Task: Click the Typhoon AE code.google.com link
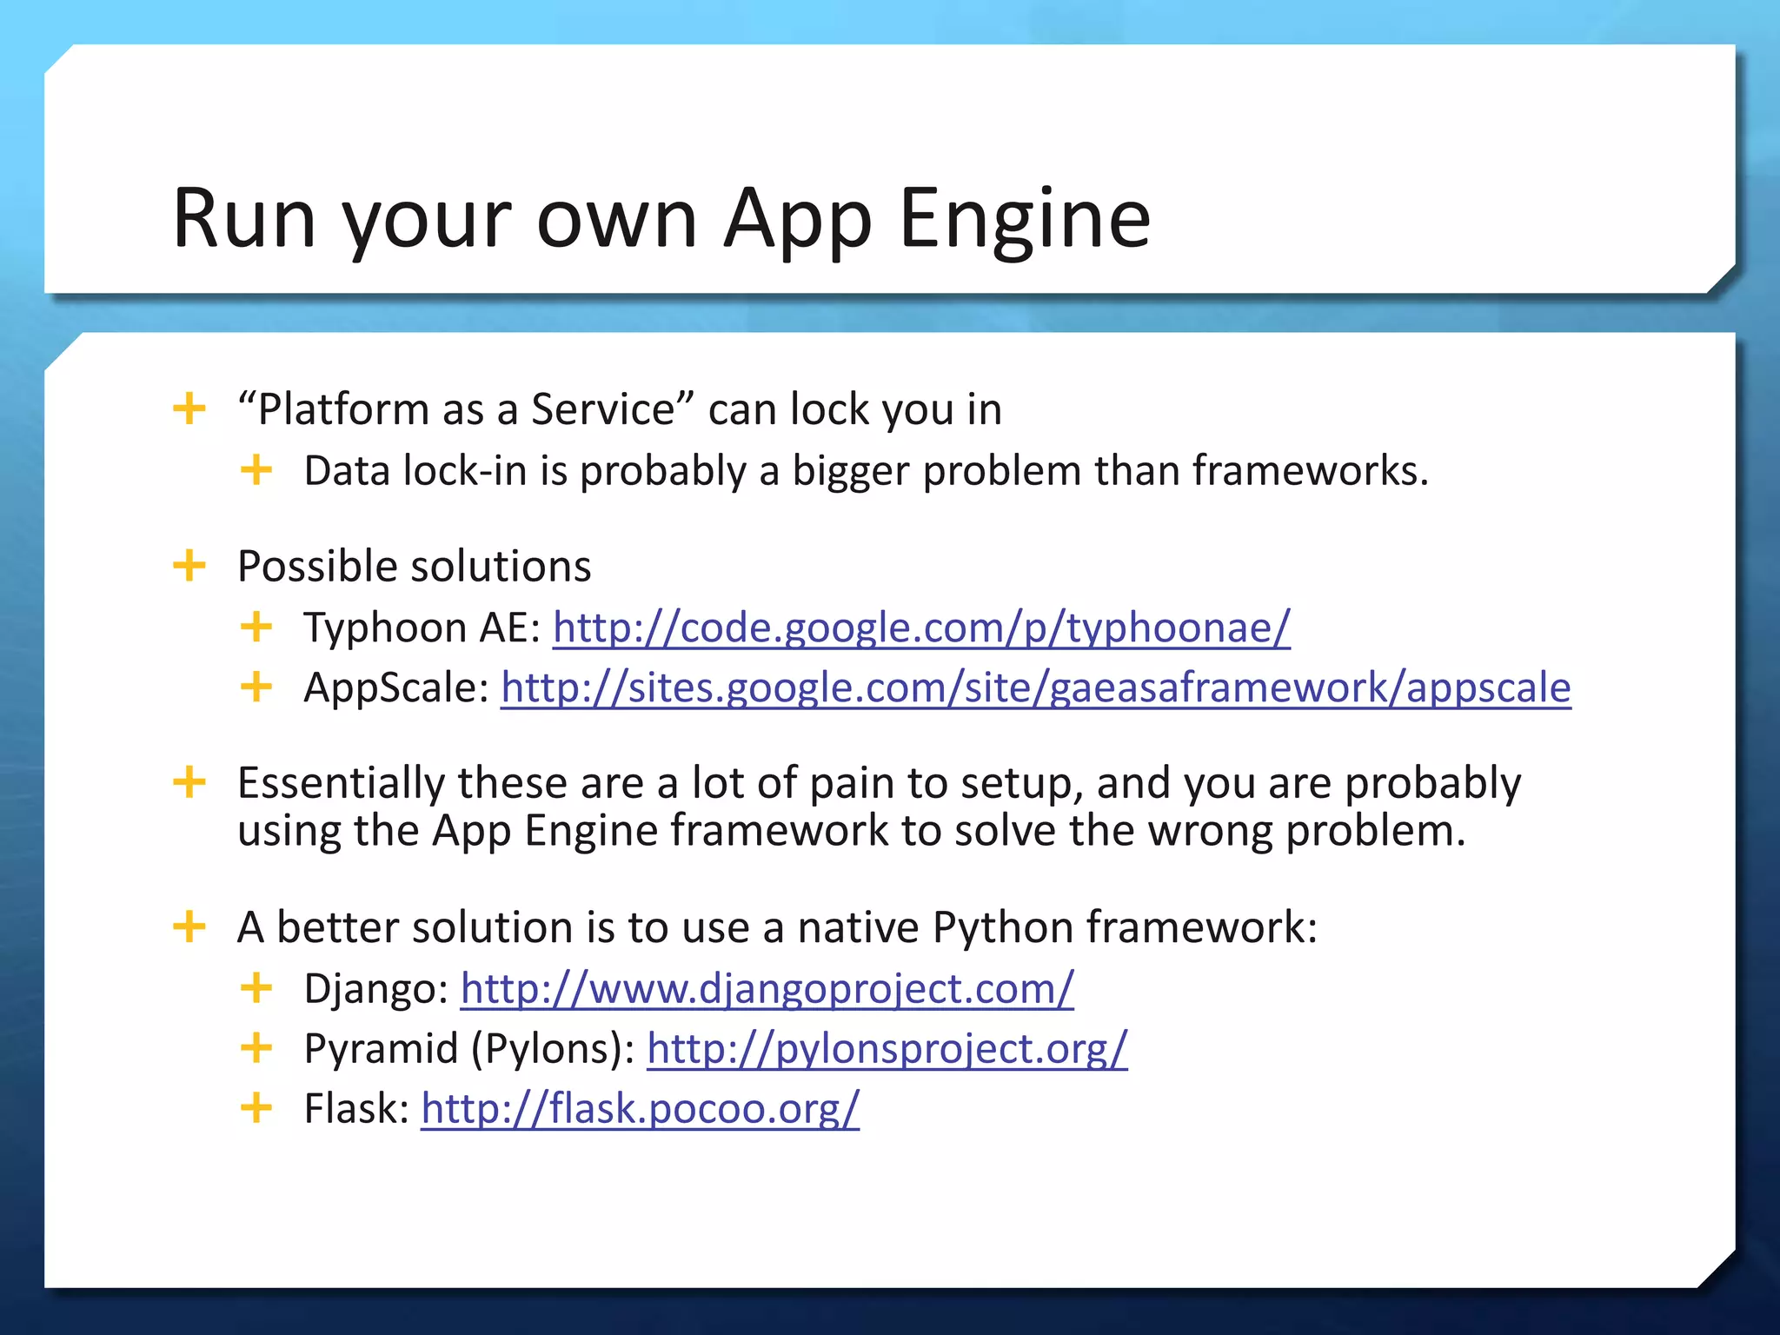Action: pyautogui.click(x=921, y=628)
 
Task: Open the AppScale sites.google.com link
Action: pyautogui.click(x=1035, y=688)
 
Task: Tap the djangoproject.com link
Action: pyautogui.click(x=767, y=988)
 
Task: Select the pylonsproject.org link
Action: pyautogui.click(x=887, y=1048)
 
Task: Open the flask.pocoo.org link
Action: pyautogui.click(x=640, y=1109)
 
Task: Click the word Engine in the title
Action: pyautogui.click(x=1025, y=219)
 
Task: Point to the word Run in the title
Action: pyautogui.click(x=244, y=219)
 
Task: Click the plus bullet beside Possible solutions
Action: pyautogui.click(x=189, y=566)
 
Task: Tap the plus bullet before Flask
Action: pyautogui.click(x=256, y=1108)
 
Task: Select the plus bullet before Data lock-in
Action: pyautogui.click(x=256, y=470)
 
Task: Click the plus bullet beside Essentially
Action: pyautogui.click(x=189, y=782)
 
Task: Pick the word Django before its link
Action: pyautogui.click(x=375, y=989)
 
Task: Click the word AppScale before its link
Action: pyautogui.click(x=395, y=688)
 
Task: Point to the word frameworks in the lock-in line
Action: pyautogui.click(x=1309, y=471)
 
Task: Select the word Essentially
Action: pyautogui.click(x=341, y=783)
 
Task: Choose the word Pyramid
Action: pyautogui.click(x=381, y=1049)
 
